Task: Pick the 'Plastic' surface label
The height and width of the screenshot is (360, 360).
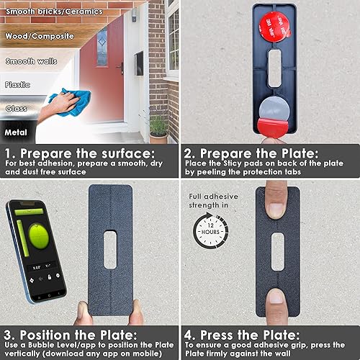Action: click(18, 85)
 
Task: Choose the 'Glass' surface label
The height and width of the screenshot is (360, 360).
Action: click(17, 108)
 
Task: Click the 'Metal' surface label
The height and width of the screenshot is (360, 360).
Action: click(17, 132)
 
